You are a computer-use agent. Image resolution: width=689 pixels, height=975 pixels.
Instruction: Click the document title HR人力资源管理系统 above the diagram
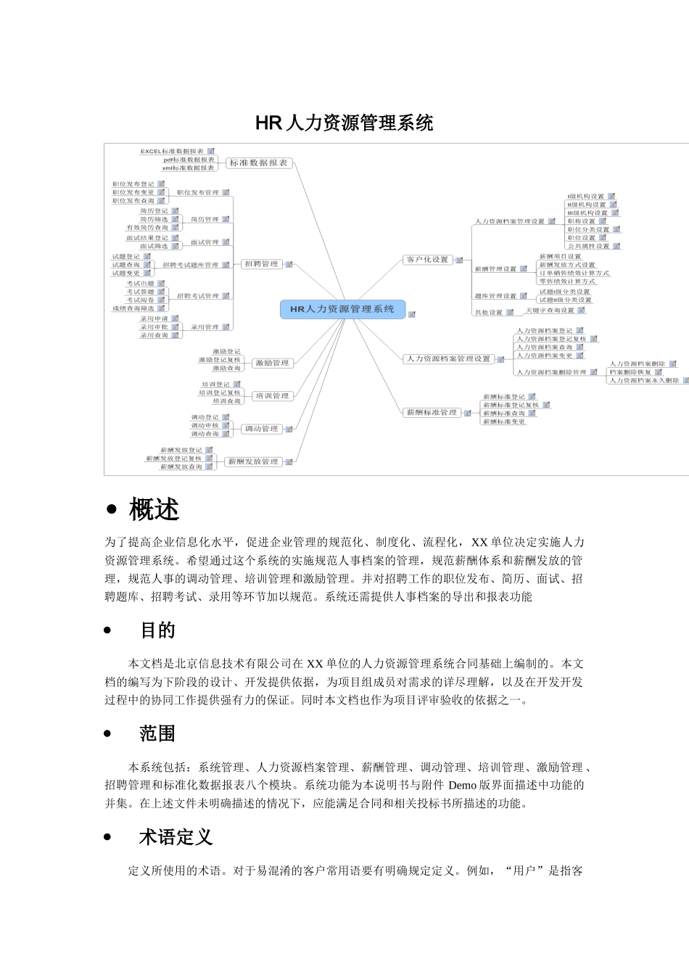[344, 123]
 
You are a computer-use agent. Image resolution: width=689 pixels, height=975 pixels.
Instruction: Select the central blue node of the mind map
[342, 309]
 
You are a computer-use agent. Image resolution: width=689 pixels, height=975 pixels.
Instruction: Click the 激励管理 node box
[272, 363]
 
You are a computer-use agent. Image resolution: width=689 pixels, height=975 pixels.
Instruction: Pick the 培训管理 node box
[272, 396]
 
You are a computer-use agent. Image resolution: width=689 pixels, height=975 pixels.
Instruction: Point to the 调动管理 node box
[261, 429]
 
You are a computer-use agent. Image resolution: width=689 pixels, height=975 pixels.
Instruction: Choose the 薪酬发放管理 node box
[252, 461]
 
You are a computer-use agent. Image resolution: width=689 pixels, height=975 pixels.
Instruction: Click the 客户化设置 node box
[427, 259]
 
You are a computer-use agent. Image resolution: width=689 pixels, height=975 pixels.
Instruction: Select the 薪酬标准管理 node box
[432, 412]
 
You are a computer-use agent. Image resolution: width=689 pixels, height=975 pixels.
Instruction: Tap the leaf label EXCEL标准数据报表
[172, 151]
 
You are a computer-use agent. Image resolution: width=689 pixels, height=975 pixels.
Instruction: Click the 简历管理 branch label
[204, 219]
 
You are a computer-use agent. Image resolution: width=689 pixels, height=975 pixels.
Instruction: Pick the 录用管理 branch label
[205, 327]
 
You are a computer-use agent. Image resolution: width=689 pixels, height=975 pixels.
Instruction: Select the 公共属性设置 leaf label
[588, 246]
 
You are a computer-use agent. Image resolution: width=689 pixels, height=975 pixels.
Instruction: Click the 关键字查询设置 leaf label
[550, 310]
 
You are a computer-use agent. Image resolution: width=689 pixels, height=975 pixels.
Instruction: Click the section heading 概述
[154, 510]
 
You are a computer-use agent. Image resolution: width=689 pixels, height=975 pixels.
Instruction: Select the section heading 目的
[157, 630]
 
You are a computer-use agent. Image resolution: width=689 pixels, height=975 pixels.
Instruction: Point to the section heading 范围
[157, 733]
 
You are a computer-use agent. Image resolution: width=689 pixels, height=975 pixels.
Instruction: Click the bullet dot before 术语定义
[108, 837]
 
